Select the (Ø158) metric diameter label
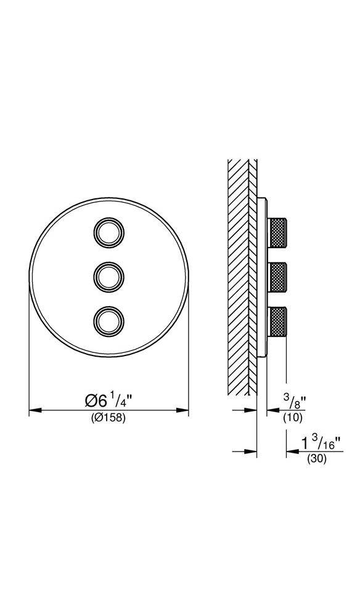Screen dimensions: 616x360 108,418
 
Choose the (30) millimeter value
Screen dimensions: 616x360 316,459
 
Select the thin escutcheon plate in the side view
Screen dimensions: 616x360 262,277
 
